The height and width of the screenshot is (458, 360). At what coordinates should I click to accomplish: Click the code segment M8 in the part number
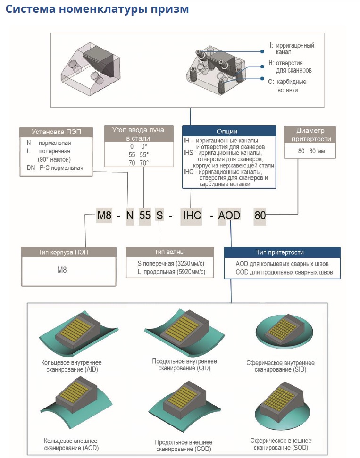[105, 216]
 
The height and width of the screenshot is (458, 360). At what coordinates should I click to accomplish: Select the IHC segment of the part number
[192, 216]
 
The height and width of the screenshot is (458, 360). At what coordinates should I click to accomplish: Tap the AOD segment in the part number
[229, 216]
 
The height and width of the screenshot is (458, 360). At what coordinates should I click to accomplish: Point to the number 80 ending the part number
[260, 216]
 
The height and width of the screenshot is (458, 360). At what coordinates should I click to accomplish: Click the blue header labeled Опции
[229, 132]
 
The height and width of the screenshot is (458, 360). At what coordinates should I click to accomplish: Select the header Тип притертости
[282, 252]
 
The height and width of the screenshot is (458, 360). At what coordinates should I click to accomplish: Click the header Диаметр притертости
[310, 134]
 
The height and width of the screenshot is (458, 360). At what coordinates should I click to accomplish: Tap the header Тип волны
[169, 252]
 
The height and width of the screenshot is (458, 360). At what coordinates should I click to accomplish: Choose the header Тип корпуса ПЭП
[69, 252]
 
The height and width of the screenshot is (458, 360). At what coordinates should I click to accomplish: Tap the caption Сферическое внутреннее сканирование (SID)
[280, 366]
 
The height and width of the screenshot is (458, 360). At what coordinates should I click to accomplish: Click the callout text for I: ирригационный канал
[291, 49]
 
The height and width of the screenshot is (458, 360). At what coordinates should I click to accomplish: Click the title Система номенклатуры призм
[97, 9]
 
